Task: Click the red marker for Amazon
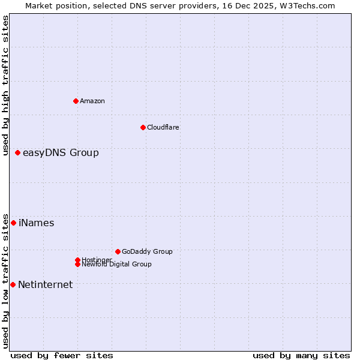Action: pyautogui.click(x=76, y=101)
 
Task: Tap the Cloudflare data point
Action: pyautogui.click(x=143, y=127)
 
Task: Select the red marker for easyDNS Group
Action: pyautogui.click(x=18, y=153)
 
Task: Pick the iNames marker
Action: pyautogui.click(x=14, y=223)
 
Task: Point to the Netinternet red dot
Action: pyautogui.click(x=13, y=284)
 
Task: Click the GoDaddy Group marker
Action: pyautogui.click(x=118, y=251)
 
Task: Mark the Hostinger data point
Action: pyautogui.click(x=77, y=260)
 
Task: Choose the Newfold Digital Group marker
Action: pyautogui.click(x=77, y=264)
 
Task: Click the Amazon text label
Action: pyautogui.click(x=92, y=101)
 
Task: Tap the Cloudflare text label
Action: pyautogui.click(x=163, y=127)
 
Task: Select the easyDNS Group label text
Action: pyautogui.click(x=61, y=153)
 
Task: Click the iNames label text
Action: pyautogui.click(x=37, y=223)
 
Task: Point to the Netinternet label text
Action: pyautogui.click(x=46, y=285)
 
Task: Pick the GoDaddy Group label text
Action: pyautogui.click(x=147, y=251)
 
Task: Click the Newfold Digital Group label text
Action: pyautogui.click(x=117, y=265)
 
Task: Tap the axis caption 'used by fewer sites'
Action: pyautogui.click(x=62, y=355)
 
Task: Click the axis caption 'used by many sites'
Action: pyautogui.click(x=301, y=355)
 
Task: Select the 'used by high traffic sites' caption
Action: pyautogui.click(x=5, y=85)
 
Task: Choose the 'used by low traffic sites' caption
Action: pyautogui.click(x=5, y=281)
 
